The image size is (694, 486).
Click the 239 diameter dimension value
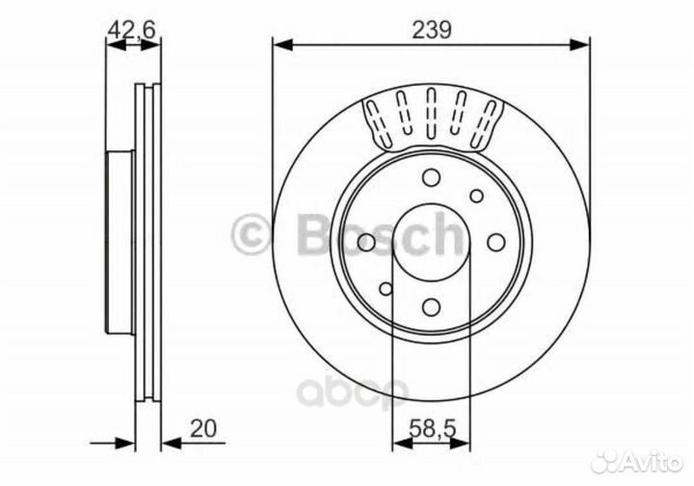click(430, 29)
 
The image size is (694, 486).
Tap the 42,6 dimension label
click(132, 29)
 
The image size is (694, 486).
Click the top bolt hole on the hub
click(431, 177)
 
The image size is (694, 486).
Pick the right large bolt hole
click(496, 241)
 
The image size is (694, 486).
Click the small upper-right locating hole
click(476, 195)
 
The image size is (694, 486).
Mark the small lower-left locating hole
click(386, 287)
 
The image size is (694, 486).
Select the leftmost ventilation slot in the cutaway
click(373, 121)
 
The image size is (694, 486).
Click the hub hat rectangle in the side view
click(119, 241)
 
